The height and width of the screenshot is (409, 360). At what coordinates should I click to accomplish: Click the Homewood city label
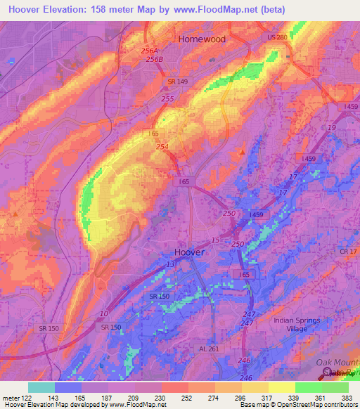point(202,39)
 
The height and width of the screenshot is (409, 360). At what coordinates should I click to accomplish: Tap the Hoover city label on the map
point(190,252)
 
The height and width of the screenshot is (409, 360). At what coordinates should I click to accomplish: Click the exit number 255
point(167,99)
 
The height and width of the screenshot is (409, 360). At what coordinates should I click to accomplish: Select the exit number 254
point(162,146)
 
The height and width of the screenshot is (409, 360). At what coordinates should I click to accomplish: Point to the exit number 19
point(331,128)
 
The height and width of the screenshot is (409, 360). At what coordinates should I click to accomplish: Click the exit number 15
point(214,240)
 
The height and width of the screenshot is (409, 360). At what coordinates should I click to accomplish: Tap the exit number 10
point(104,313)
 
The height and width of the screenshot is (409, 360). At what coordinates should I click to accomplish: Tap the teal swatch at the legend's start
point(41,387)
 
